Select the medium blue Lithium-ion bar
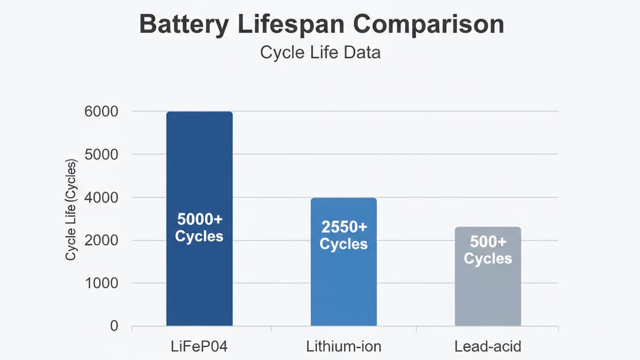coord(344,287)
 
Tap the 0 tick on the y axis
coord(113,326)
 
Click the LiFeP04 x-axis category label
coord(199,347)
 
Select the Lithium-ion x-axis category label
coord(344,347)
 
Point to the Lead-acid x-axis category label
coord(488,347)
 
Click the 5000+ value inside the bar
coord(199,219)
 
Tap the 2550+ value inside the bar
coord(344,227)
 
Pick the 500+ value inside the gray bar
coord(488,242)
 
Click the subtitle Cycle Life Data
coord(321,52)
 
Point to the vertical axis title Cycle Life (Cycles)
coord(71,210)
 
